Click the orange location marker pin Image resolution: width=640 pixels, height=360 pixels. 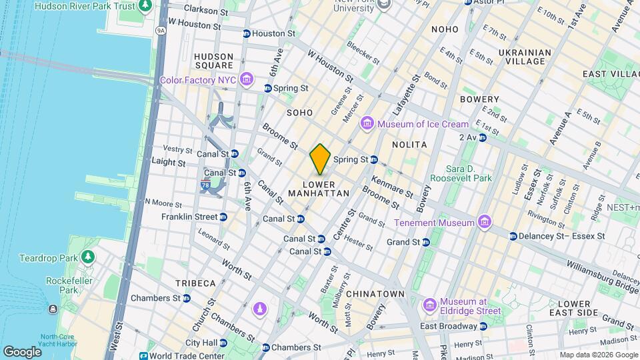click(x=320, y=159)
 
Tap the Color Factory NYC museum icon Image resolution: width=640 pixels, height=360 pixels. click(x=247, y=81)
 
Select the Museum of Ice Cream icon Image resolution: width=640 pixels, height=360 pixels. click(x=367, y=124)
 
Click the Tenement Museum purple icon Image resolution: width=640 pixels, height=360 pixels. click(x=484, y=222)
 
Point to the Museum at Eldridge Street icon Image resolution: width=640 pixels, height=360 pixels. click(x=429, y=305)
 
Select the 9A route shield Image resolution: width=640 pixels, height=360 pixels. click(x=160, y=30)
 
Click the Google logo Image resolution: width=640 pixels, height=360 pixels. click(x=22, y=351)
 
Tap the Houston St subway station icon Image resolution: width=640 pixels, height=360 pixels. click(x=246, y=33)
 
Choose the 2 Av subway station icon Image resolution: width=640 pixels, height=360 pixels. click(x=482, y=137)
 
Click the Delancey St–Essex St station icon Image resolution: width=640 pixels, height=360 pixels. click(x=513, y=236)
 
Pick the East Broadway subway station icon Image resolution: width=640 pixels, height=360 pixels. click(x=483, y=327)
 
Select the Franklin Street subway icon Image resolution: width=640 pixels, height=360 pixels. click(x=223, y=217)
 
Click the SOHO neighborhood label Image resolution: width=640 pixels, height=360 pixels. click(x=299, y=113)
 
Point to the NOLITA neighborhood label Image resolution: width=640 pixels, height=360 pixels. click(x=409, y=144)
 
